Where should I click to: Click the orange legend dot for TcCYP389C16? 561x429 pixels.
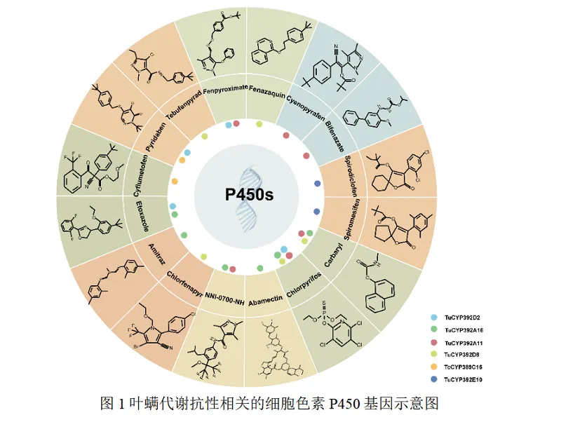[x=435, y=367]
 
